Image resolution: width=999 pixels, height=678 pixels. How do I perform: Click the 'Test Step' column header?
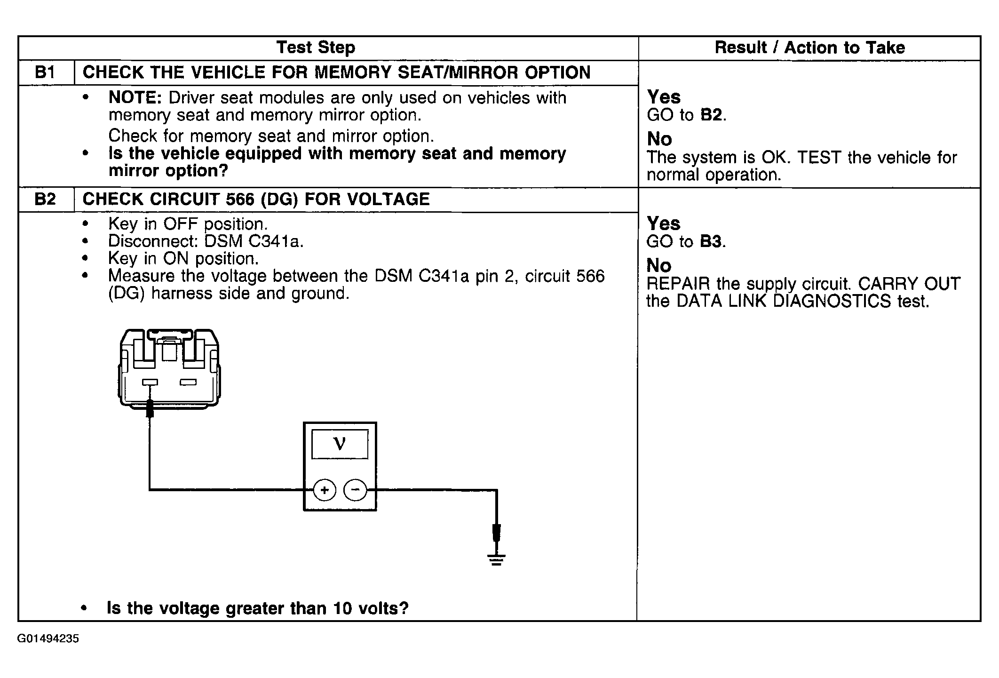coord(316,48)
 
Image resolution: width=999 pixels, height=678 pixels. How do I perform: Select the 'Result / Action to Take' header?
coord(809,48)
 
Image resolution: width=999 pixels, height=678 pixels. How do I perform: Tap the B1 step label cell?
coord(46,72)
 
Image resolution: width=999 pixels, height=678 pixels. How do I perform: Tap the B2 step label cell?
coord(46,199)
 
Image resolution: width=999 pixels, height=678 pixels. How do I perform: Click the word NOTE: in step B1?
coord(135,97)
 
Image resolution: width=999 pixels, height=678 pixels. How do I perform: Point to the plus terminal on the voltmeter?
coord(325,490)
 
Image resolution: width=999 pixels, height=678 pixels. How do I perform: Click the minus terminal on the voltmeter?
coord(356,490)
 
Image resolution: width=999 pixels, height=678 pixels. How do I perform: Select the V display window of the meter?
coord(340,444)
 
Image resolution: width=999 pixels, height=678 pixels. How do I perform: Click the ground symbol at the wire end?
coord(497,559)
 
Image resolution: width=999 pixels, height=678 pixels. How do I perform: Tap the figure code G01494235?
coord(48,638)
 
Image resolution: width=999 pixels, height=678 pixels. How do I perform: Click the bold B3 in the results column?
coord(710,241)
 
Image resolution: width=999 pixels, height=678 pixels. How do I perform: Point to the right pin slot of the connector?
coord(188,382)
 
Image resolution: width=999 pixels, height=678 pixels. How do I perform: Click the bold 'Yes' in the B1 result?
coord(664,97)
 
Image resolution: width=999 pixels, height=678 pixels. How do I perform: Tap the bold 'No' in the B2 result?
coord(659,266)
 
